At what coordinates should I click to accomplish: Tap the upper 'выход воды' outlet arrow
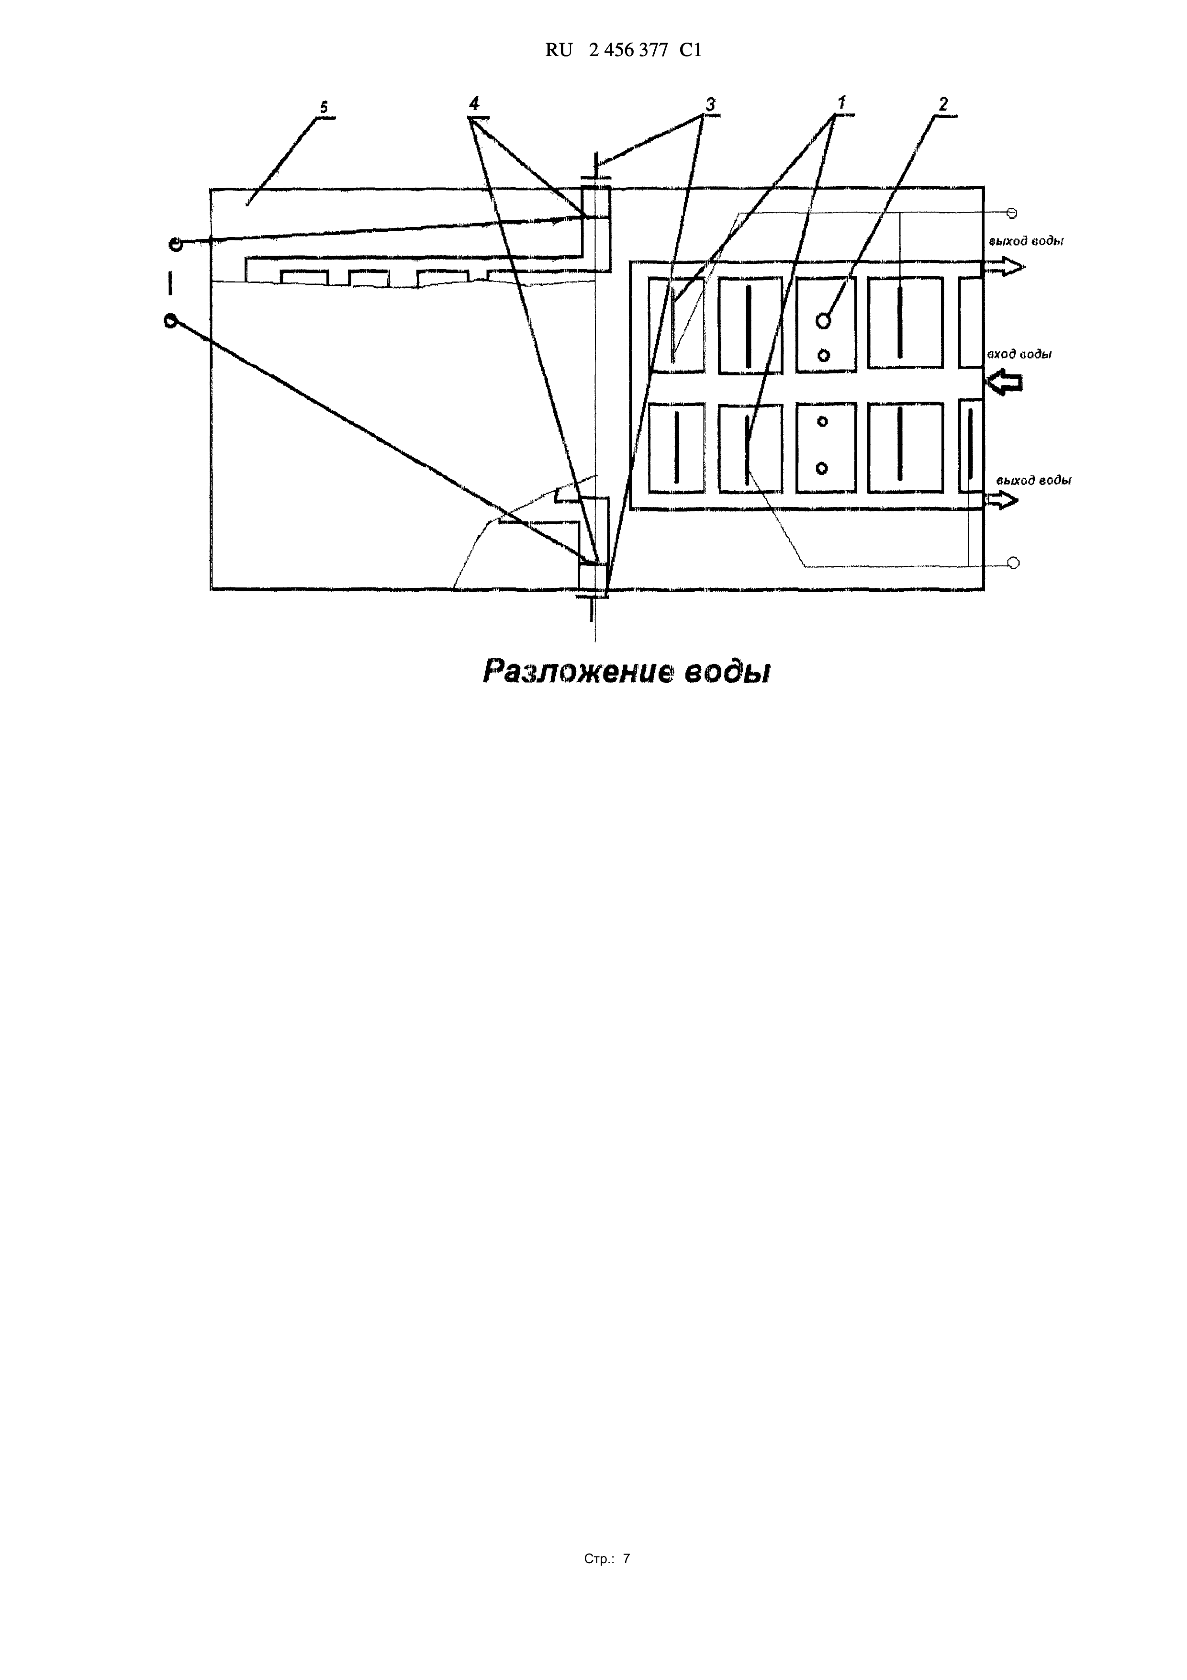(1003, 267)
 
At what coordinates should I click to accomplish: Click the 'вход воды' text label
(1019, 354)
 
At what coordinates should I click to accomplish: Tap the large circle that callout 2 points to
(824, 320)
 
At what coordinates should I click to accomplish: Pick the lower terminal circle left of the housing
(170, 320)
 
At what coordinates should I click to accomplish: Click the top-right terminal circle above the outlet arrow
(1012, 213)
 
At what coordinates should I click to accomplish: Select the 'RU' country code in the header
(559, 50)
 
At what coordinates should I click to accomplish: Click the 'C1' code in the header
(690, 50)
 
